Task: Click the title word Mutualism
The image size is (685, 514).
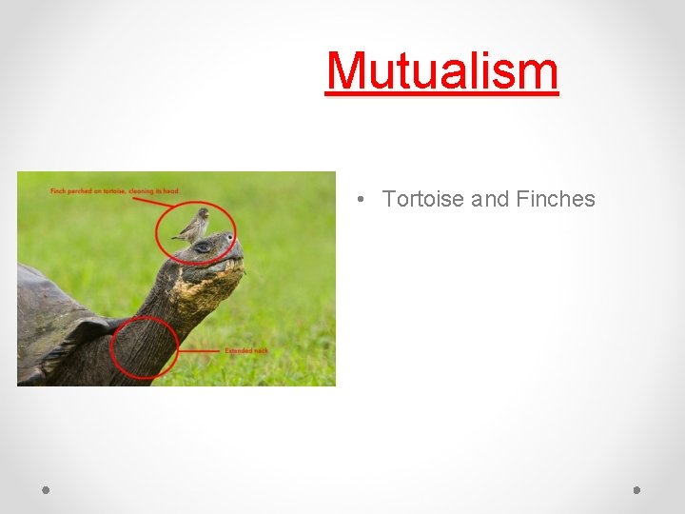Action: click(x=441, y=70)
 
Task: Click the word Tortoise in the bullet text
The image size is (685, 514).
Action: click(x=422, y=199)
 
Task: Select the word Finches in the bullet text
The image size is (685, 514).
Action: click(x=555, y=199)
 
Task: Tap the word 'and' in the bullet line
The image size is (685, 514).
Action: click(x=490, y=199)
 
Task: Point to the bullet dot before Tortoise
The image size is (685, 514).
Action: click(x=362, y=200)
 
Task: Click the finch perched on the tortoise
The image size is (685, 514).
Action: click(x=194, y=226)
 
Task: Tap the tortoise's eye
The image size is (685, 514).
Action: click(x=203, y=247)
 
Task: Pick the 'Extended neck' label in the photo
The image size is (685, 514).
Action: click(x=246, y=351)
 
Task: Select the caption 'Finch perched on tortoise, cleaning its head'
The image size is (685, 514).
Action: click(x=114, y=191)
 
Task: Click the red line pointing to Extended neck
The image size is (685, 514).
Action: click(x=200, y=351)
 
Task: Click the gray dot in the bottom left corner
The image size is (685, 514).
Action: click(x=46, y=490)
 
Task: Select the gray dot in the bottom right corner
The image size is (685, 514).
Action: click(x=636, y=490)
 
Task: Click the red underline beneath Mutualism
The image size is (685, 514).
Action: click(x=441, y=93)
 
